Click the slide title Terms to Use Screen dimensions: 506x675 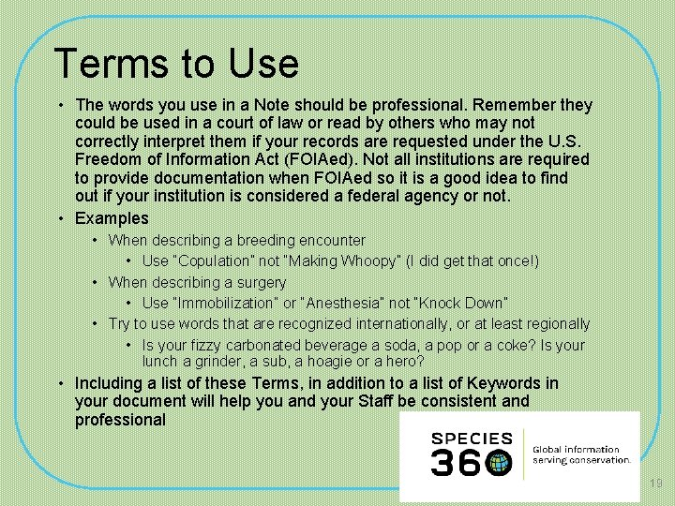click(176, 64)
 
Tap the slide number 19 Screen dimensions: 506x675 click(655, 484)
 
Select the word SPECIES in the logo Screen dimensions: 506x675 click(472, 439)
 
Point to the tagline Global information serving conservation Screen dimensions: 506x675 click(581, 455)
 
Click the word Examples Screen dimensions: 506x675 click(112, 218)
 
